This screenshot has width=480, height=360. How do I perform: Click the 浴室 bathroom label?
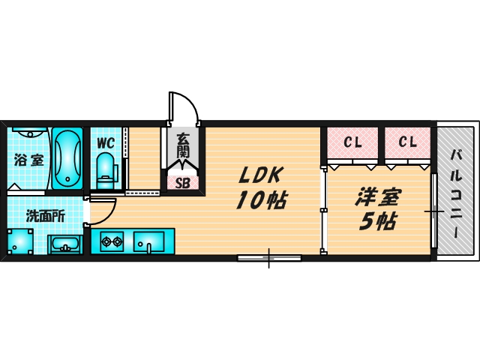click(28, 160)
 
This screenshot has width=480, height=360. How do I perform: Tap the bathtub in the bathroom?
click(67, 158)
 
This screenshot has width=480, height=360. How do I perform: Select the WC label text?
click(105, 142)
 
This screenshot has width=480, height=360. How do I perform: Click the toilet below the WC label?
click(106, 169)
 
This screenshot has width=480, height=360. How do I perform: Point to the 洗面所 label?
click(45, 216)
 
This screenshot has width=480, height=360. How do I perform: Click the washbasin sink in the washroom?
click(66, 244)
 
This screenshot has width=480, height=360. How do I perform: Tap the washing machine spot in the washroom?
click(21, 241)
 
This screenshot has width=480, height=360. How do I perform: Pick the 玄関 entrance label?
click(183, 146)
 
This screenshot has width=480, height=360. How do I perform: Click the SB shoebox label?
click(183, 181)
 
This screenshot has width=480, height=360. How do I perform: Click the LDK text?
click(259, 175)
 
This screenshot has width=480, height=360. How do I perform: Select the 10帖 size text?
click(259, 201)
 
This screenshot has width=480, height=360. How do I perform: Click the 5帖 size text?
click(377, 221)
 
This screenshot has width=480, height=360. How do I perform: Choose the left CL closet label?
click(352, 141)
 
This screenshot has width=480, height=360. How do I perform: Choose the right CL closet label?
click(407, 141)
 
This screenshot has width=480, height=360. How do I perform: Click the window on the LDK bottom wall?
click(269, 258)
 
